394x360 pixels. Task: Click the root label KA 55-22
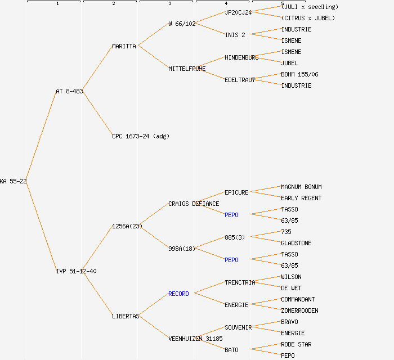pyautogui.click(x=14, y=181)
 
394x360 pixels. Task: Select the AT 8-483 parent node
pyautogui.click(x=69, y=91)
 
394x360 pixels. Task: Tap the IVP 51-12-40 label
pyautogui.click(x=76, y=271)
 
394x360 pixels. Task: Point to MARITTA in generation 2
pyautogui.click(x=124, y=46)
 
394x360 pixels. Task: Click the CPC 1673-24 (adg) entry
pyautogui.click(x=141, y=136)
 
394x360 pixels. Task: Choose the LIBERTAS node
pyautogui.click(x=126, y=316)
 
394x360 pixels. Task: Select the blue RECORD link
pyautogui.click(x=178, y=294)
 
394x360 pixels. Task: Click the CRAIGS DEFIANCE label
pyautogui.click(x=194, y=204)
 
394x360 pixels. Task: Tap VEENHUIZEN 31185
pyautogui.click(x=195, y=339)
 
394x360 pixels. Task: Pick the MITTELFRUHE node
pyautogui.click(x=187, y=69)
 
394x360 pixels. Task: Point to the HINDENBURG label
pyautogui.click(x=241, y=57)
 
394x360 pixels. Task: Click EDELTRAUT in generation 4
pyautogui.click(x=240, y=80)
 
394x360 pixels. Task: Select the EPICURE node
pyautogui.click(x=236, y=192)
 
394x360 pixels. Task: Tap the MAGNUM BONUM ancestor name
pyautogui.click(x=301, y=187)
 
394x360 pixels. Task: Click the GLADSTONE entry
pyautogui.click(x=296, y=243)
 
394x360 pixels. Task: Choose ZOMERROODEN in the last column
pyautogui.click(x=299, y=310)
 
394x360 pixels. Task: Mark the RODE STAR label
pyautogui.click(x=296, y=344)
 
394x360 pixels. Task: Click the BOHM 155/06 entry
pyautogui.click(x=299, y=74)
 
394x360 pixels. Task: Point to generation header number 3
pyautogui.click(x=169, y=4)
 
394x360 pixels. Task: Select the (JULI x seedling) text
pyautogui.click(x=310, y=7)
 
